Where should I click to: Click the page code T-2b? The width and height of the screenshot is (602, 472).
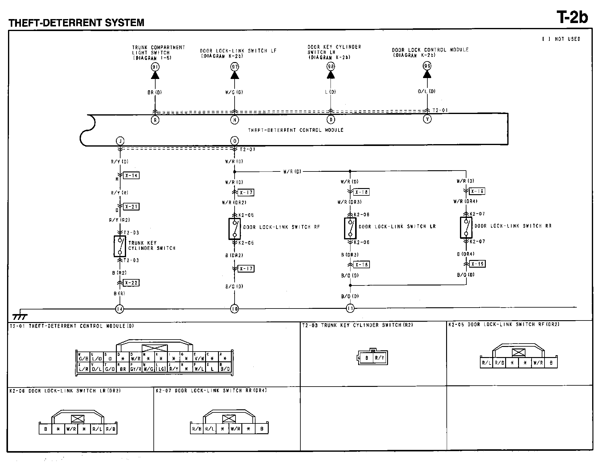click(572, 17)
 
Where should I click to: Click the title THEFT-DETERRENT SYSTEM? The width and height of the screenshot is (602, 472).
click(76, 22)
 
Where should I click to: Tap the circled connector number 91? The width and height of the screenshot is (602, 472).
click(155, 67)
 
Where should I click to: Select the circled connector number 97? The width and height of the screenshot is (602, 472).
click(235, 67)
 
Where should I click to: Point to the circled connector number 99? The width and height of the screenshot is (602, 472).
click(427, 66)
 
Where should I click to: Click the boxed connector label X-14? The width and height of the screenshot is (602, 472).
click(131, 175)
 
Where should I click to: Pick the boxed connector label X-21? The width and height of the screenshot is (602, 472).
click(131, 206)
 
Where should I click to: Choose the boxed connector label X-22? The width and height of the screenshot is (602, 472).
click(131, 283)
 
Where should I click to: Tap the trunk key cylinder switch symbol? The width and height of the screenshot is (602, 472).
click(120, 246)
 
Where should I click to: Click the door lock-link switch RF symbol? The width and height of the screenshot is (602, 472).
click(235, 229)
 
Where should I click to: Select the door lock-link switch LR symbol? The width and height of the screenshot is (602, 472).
click(350, 228)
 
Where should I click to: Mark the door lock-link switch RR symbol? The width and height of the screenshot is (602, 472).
click(466, 228)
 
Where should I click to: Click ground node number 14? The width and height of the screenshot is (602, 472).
click(120, 309)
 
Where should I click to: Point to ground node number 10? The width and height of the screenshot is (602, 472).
click(235, 309)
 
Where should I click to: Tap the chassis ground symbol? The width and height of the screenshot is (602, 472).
click(20, 317)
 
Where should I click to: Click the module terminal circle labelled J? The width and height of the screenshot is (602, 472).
click(120, 141)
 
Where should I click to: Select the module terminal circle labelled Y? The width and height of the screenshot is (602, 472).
click(427, 119)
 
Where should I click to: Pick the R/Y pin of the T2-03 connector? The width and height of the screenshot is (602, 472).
click(380, 358)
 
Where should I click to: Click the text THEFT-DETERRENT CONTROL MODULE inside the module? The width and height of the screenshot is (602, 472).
click(296, 130)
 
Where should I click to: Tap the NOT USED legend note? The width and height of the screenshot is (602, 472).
click(561, 39)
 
